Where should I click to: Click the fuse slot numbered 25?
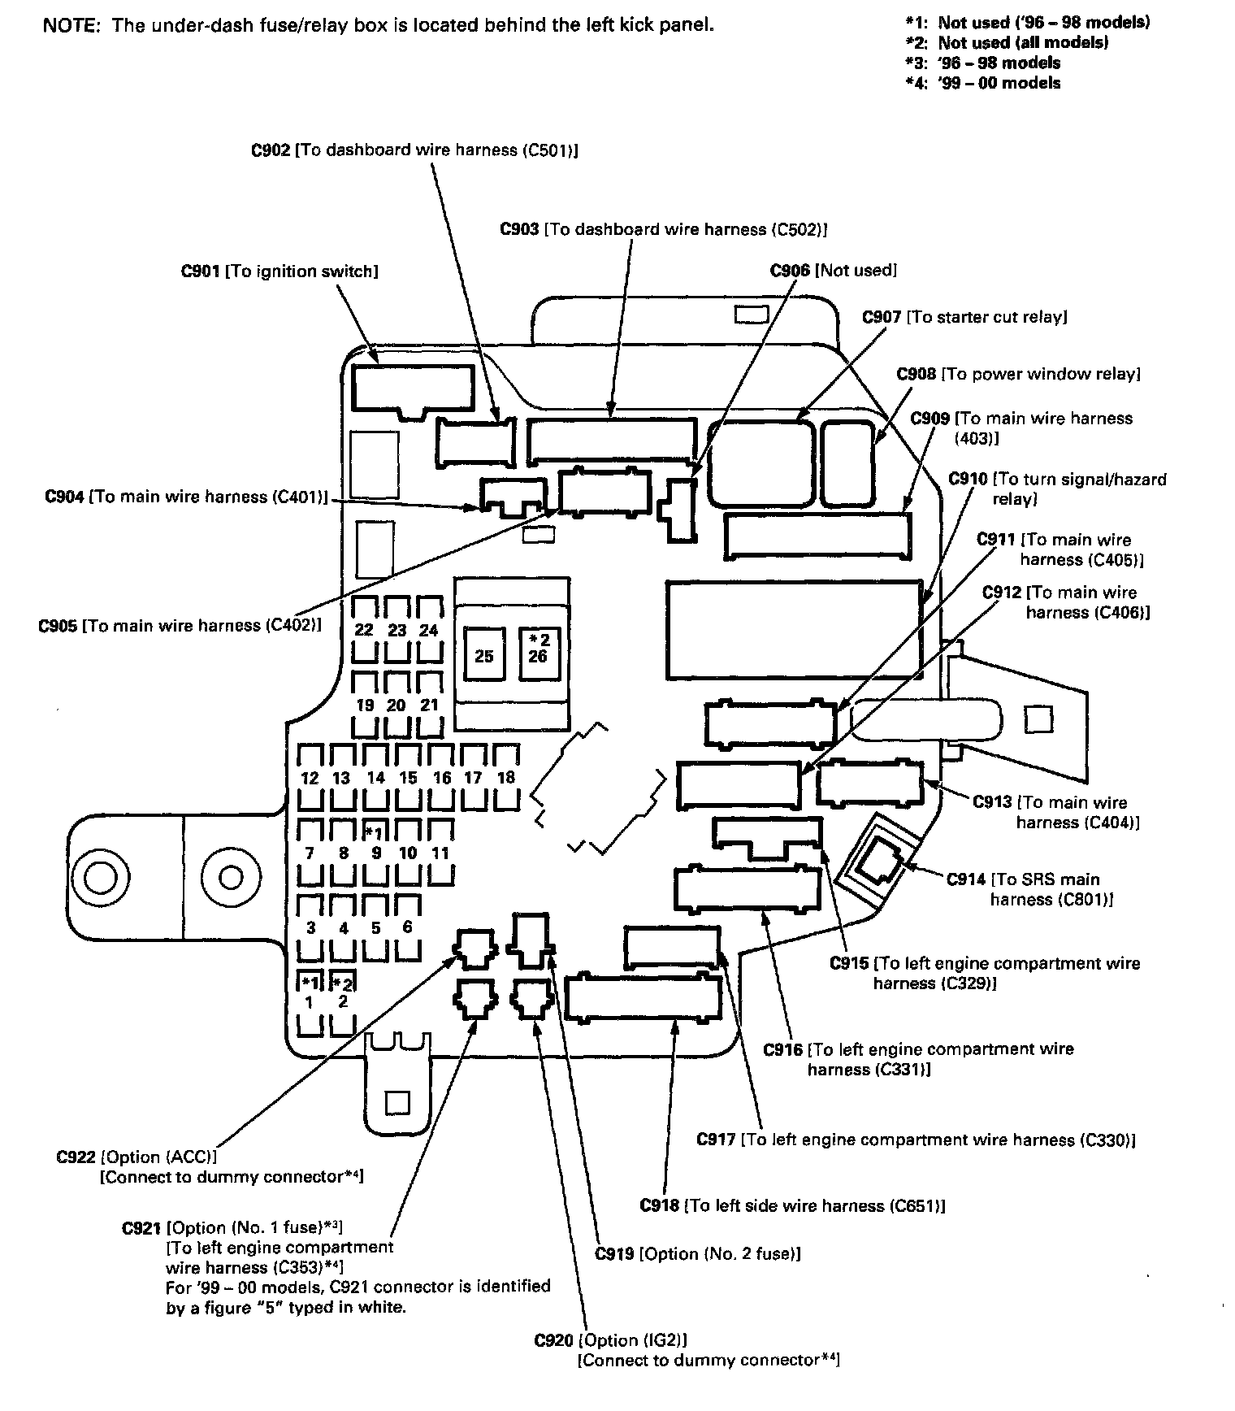pyautogui.click(x=484, y=655)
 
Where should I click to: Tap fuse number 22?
pyautogui.click(x=364, y=630)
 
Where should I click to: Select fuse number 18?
pyautogui.click(x=505, y=777)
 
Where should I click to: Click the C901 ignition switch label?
pyautogui.click(x=279, y=271)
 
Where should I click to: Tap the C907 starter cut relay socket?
pyautogui.click(x=760, y=461)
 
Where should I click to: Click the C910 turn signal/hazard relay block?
pyautogui.click(x=793, y=629)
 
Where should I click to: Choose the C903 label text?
pyautogui.click(x=663, y=230)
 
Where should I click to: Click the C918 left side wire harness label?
pyautogui.click(x=792, y=1205)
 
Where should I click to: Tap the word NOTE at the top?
pyautogui.click(x=71, y=25)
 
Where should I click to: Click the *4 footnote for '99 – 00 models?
pyautogui.click(x=983, y=83)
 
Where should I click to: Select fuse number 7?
pyautogui.click(x=310, y=853)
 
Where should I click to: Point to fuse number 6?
pyautogui.click(x=407, y=927)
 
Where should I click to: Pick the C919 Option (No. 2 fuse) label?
pyautogui.click(x=698, y=1254)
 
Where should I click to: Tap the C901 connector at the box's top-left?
pyautogui.click(x=413, y=388)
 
